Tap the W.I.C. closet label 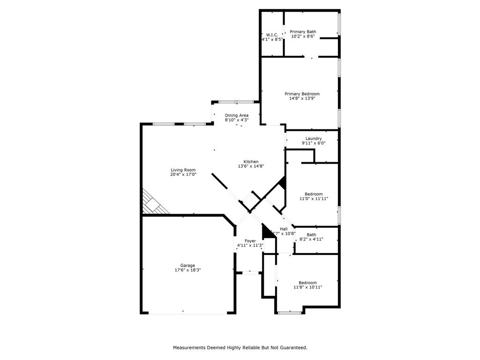[x=272, y=35]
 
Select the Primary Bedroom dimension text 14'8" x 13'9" [x=302, y=98]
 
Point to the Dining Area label [x=236, y=115]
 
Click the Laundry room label [x=314, y=138]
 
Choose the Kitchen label [x=251, y=162]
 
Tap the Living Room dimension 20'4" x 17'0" [x=183, y=174]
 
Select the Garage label [x=188, y=265]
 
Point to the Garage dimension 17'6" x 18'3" [x=188, y=270]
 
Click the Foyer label [x=250, y=241]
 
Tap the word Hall [x=284, y=229]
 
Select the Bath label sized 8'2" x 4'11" [x=311, y=235]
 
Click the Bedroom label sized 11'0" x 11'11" [x=314, y=194]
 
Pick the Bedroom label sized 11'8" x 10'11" [x=307, y=283]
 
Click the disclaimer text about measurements [x=240, y=347]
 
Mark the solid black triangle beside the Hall [x=267, y=231]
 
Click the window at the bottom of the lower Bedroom [x=290, y=312]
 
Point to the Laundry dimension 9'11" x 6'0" [x=314, y=143]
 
